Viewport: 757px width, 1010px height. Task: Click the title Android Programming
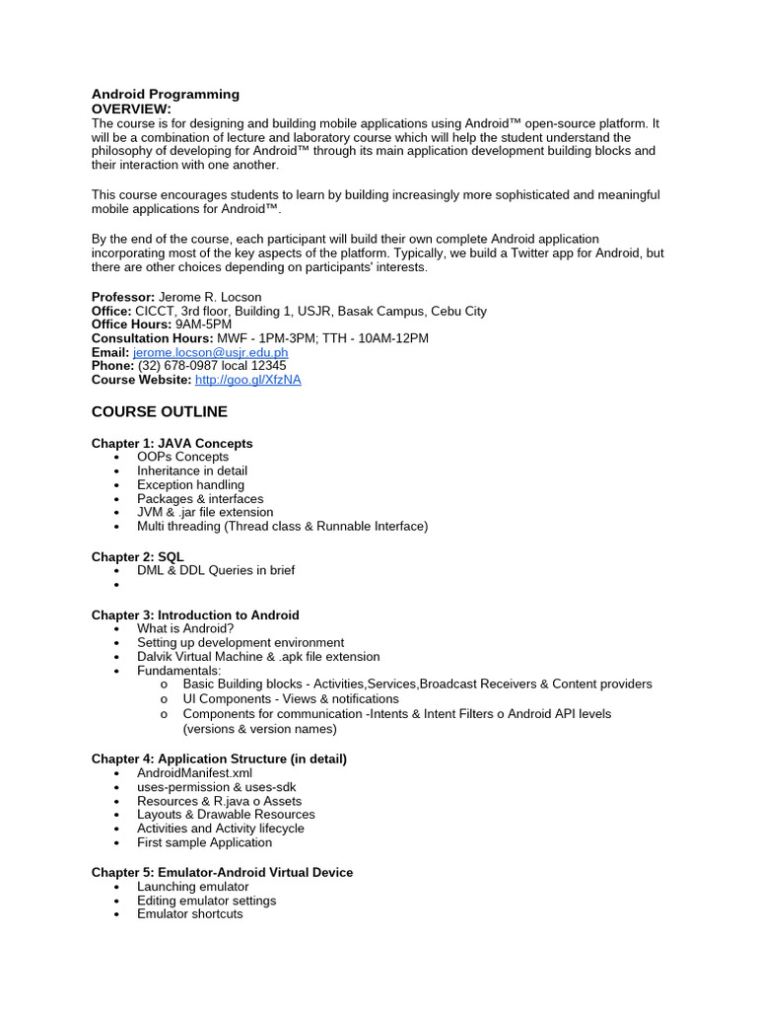point(166,95)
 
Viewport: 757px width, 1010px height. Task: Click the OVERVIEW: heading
point(131,108)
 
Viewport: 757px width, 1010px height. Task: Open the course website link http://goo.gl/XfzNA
point(247,380)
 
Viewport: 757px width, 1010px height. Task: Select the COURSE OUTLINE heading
point(160,411)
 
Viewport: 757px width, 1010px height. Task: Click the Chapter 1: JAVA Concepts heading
point(172,444)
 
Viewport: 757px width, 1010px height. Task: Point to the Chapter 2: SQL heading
point(138,557)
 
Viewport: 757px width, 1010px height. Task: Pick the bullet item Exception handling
point(190,485)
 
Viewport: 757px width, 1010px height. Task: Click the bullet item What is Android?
point(185,629)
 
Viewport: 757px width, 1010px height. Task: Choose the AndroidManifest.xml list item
point(195,773)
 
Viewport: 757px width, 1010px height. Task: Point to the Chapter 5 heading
point(222,873)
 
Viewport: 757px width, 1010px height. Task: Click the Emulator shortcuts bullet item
point(189,914)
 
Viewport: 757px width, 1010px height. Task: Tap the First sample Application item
point(204,842)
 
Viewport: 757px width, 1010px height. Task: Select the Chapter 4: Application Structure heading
point(219,759)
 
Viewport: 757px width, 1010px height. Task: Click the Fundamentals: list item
point(179,671)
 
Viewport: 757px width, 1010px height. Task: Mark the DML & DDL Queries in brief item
point(216,570)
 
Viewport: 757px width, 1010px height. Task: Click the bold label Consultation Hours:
point(150,338)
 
